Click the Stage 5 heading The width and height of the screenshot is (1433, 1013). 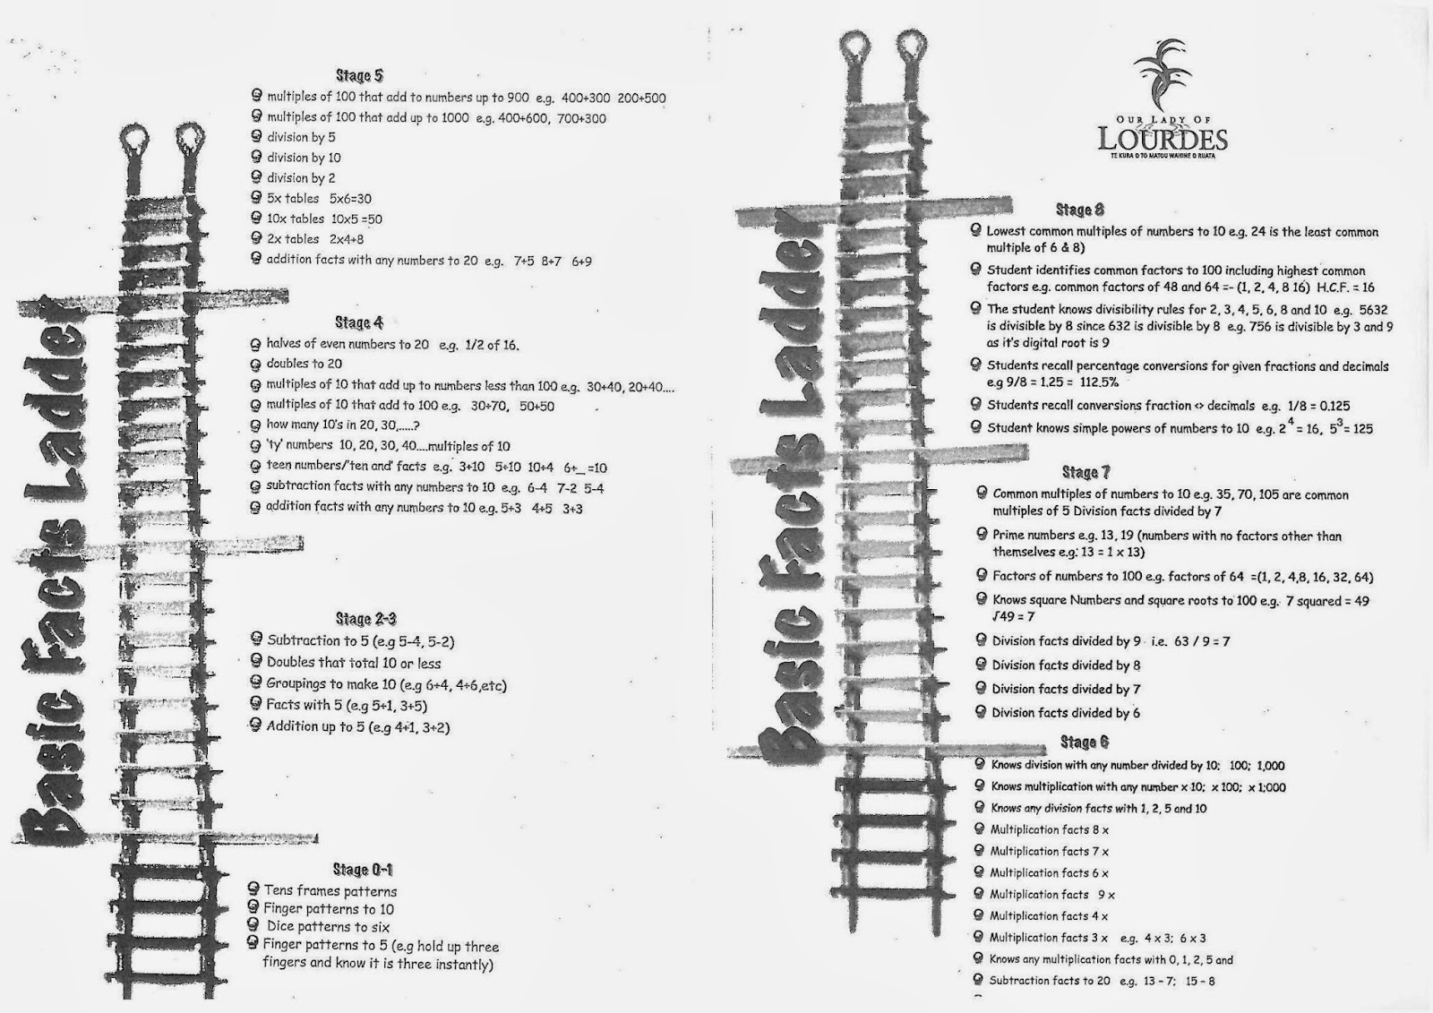click(359, 76)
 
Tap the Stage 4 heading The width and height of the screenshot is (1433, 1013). click(359, 322)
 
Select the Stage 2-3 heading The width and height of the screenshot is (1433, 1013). click(365, 619)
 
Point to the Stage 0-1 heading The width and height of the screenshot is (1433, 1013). click(362, 870)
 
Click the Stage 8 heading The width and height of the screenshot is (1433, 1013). click(1073, 210)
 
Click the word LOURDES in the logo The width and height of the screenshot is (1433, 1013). click(1162, 141)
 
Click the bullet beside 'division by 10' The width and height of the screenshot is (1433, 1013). click(257, 157)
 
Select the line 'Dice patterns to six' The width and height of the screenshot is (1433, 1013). click(328, 927)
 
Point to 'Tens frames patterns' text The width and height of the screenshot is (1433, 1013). click(330, 891)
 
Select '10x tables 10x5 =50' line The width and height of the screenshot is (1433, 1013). click(324, 219)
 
